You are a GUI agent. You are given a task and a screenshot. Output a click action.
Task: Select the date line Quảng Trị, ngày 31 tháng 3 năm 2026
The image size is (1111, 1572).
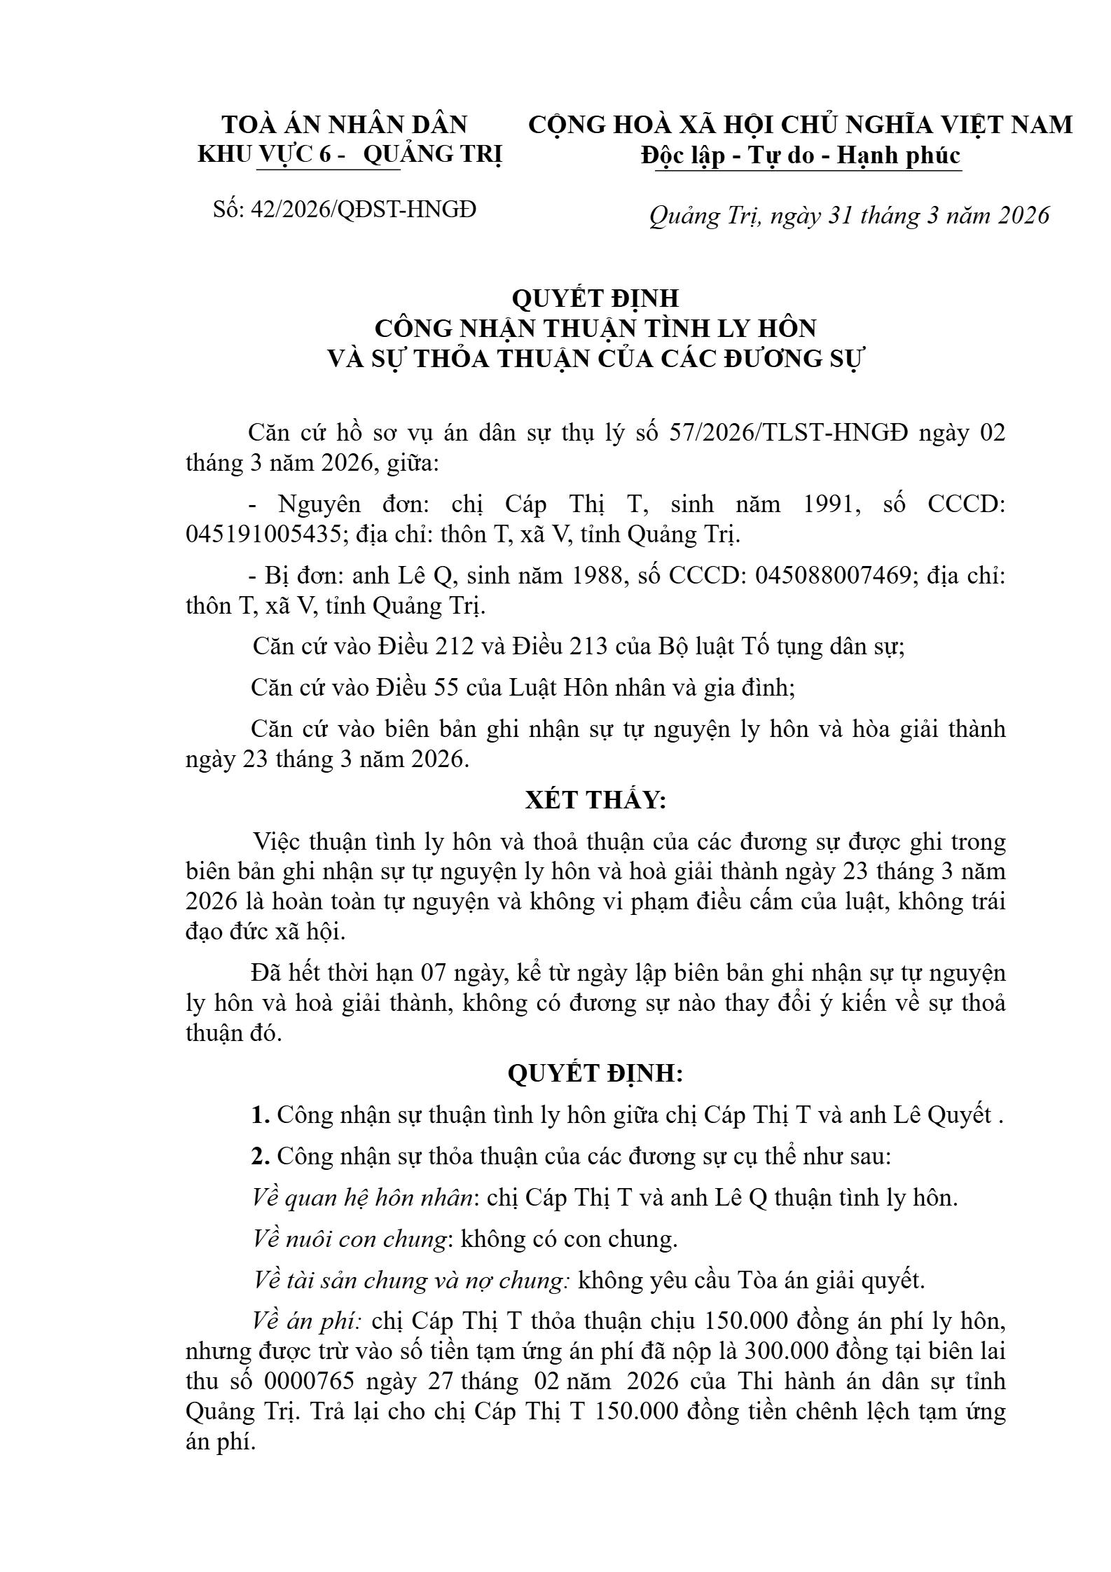[x=849, y=215]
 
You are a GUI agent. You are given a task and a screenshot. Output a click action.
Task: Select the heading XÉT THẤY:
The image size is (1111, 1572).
[x=595, y=800]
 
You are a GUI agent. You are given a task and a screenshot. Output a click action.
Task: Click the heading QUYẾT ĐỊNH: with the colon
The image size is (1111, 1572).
[x=595, y=1073]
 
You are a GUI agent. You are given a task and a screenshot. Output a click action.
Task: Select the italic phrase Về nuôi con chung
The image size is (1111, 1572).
[x=349, y=1239]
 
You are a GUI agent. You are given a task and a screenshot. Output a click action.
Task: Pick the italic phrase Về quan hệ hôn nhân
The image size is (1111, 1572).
[x=361, y=1198]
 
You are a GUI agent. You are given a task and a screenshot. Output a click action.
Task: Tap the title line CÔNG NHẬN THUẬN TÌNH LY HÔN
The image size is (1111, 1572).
[x=595, y=328]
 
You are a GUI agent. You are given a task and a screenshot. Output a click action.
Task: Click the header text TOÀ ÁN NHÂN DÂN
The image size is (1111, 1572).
[x=344, y=125]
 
